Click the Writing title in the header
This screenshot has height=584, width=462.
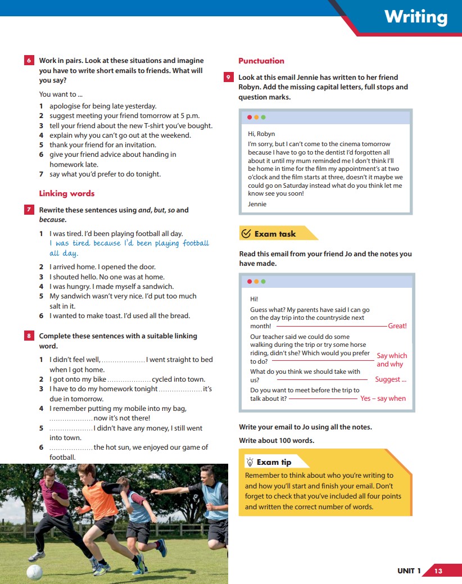416,17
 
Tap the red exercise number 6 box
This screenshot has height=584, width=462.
29,61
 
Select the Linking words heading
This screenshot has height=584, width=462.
66,193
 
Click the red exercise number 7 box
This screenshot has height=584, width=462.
29,210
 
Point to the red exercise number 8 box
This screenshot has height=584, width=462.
29,336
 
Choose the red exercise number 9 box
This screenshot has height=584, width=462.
228,78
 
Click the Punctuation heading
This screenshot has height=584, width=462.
261,61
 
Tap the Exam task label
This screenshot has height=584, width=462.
275,234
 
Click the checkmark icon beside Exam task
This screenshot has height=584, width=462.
246,234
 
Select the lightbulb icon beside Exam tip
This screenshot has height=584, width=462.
250,462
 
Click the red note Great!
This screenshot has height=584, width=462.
397,326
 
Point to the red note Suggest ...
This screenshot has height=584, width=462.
391,379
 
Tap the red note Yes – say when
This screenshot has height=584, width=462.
383,399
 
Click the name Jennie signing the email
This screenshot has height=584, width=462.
257,204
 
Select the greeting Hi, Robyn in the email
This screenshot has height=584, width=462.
261,134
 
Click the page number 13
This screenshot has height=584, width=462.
438,571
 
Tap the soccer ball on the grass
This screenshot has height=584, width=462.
34,572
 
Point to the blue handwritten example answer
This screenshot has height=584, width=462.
129,248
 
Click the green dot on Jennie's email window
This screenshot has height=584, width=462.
264,117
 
